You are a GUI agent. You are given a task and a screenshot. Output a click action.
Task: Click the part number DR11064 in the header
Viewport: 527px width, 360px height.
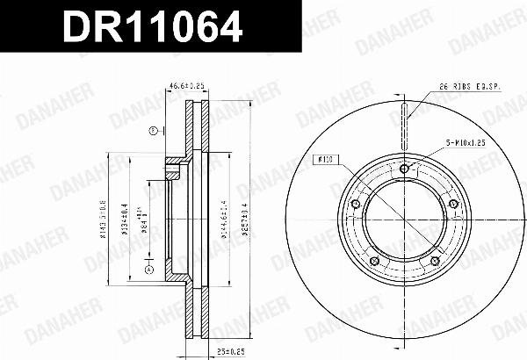point(149,28)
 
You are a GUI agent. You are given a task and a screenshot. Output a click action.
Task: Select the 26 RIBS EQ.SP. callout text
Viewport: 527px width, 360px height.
point(469,86)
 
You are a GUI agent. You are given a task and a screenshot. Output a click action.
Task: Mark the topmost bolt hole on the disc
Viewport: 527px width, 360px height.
point(403,169)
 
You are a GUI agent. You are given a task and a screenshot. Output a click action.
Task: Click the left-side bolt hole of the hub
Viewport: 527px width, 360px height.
point(354,205)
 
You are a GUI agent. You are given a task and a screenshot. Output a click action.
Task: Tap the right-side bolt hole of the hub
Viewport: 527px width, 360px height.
point(453,205)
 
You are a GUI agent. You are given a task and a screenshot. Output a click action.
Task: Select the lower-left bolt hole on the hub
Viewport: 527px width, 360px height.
point(373,262)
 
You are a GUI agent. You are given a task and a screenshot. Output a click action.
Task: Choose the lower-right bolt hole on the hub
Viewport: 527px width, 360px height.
point(434,262)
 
